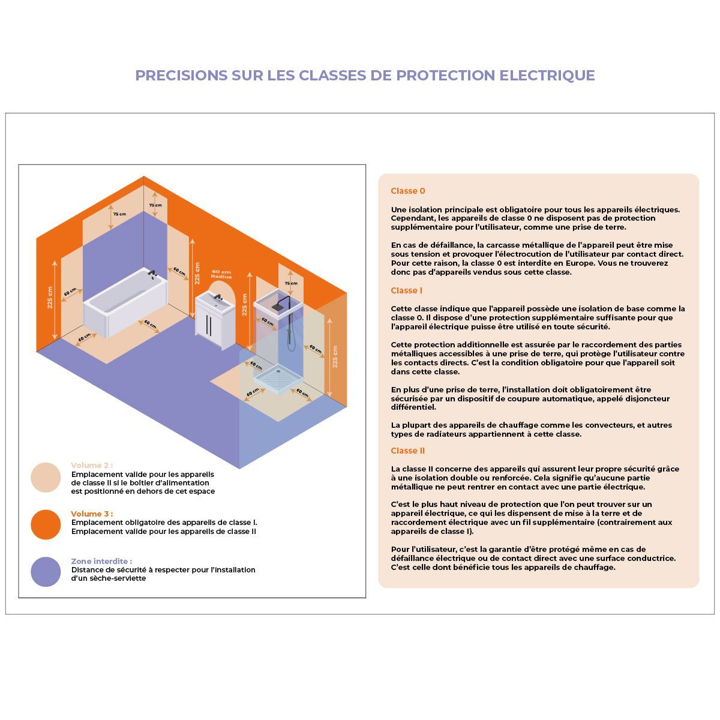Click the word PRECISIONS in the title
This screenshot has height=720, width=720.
[x=181, y=76]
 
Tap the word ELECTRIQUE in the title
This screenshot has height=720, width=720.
[x=547, y=76]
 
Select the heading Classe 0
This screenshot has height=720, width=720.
[x=407, y=191]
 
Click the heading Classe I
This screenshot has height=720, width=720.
[x=407, y=290]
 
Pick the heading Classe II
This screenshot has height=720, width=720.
[x=407, y=451]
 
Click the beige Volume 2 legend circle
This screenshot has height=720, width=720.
[x=46, y=477]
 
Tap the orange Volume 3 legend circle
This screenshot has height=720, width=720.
[x=46, y=524]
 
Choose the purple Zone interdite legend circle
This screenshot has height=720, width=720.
[x=46, y=572]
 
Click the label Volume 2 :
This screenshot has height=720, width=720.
[x=92, y=465]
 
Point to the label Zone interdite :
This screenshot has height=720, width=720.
[x=101, y=561]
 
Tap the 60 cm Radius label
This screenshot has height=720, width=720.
[x=221, y=274]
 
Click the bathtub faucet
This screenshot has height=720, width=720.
[x=152, y=273]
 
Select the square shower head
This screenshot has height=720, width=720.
[x=278, y=306]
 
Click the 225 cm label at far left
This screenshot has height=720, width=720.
[x=50, y=298]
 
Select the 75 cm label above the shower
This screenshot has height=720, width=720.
[x=291, y=283]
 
